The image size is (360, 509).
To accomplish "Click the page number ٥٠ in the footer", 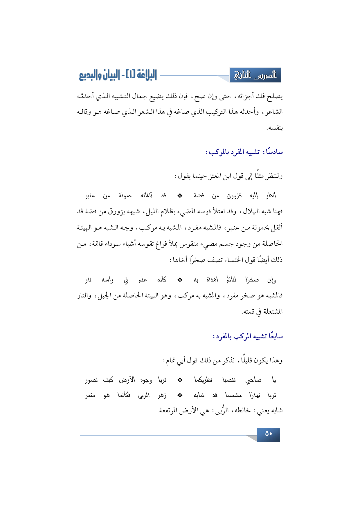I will (269, 434).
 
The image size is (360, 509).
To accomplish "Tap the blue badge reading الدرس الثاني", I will (255, 75).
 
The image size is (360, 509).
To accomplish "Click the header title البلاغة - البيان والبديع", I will (118, 75).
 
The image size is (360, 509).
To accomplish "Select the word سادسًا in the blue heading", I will (274, 152).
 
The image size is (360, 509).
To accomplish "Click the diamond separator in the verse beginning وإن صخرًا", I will (180, 280).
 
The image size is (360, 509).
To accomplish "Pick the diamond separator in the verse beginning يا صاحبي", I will (180, 380).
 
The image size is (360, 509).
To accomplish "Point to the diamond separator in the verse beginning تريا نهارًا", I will (180, 395).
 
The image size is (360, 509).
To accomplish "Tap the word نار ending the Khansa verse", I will (88, 280).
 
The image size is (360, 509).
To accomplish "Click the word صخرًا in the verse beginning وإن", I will (252, 280).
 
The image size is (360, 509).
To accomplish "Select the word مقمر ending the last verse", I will (90, 396).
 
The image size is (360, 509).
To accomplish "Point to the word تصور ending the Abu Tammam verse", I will (91, 380).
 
